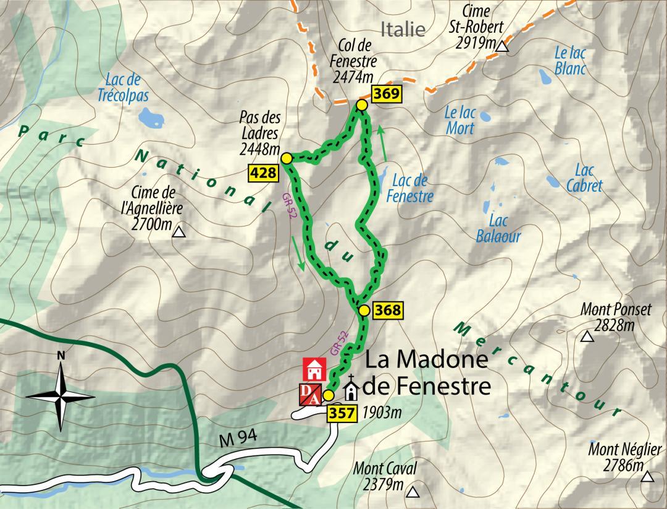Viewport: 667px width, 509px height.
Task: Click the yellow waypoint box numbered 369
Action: coord(387,95)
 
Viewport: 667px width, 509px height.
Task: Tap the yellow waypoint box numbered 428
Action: coord(263,173)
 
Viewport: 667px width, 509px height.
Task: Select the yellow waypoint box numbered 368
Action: coord(387,309)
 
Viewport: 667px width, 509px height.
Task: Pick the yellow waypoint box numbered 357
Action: coord(343,413)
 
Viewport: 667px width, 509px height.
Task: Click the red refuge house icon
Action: coord(314,369)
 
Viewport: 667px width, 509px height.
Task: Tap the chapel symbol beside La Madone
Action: coord(351,389)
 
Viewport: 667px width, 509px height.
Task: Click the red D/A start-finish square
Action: coord(310,395)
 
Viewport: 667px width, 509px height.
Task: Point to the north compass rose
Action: coord(61,393)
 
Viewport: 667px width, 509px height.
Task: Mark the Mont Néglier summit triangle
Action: coord(647,476)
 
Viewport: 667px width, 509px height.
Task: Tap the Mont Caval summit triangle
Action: coord(413,493)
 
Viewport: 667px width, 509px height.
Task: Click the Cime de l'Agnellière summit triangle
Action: coord(179,233)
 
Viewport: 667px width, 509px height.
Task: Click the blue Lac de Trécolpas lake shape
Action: coord(148,116)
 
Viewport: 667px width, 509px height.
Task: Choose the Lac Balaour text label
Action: coord(499,228)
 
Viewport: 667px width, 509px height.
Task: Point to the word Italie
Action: coord(403,29)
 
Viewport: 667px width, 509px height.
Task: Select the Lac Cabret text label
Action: coord(584,178)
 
